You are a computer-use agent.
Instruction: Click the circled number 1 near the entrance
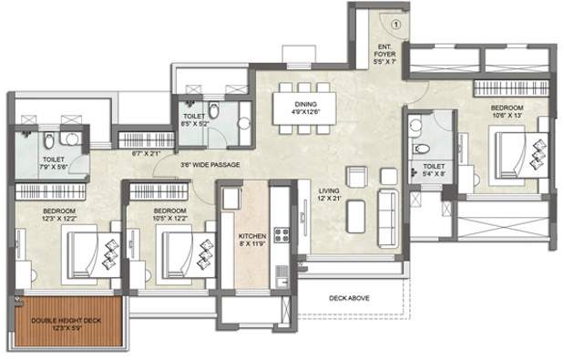click(x=395, y=25)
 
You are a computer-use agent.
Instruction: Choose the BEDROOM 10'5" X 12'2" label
click(x=157, y=213)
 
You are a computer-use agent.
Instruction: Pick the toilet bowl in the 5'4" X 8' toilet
click(x=420, y=148)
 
